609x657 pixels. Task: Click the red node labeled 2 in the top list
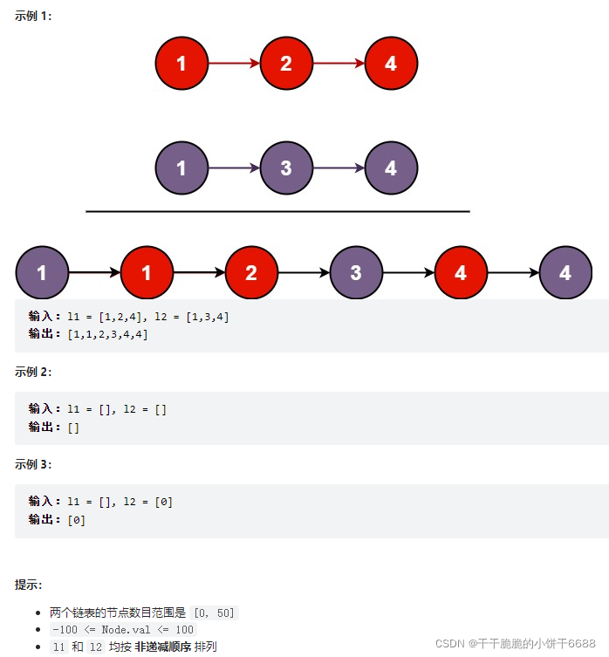[286, 63]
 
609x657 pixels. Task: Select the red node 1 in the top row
[181, 63]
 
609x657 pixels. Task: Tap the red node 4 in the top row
[391, 63]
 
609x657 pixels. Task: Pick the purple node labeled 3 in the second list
[286, 168]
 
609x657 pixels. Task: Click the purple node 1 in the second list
[181, 168]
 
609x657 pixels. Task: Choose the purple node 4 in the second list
[391, 168]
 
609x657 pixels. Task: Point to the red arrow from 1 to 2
[234, 63]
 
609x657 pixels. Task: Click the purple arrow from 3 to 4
[339, 168]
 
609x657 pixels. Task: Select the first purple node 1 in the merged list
[42, 273]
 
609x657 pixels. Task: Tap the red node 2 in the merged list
[251, 273]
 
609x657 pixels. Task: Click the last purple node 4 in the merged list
[565, 273]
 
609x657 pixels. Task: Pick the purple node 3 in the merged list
[356, 273]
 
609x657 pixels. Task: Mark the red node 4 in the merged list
[461, 273]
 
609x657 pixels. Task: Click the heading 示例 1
[33, 17]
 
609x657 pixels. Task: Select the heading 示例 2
[33, 372]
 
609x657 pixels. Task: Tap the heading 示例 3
[33, 464]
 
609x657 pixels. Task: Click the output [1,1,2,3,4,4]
[107, 334]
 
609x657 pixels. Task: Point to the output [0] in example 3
[76, 519]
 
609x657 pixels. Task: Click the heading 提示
[29, 585]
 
